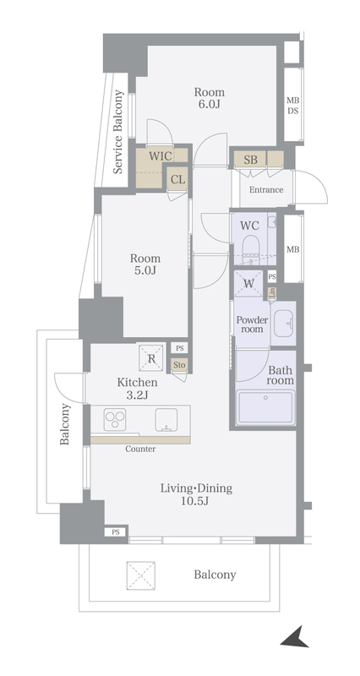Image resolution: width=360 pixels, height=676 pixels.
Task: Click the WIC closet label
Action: click(x=161, y=156)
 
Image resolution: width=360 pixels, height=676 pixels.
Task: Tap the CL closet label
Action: click(x=177, y=179)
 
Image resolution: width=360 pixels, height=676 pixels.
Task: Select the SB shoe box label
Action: click(x=250, y=160)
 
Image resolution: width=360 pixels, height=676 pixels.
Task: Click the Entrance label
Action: click(x=266, y=189)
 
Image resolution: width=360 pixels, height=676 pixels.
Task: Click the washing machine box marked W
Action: click(x=248, y=283)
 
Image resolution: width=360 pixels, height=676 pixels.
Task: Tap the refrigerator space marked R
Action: click(x=151, y=357)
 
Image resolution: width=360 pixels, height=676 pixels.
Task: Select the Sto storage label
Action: click(x=179, y=365)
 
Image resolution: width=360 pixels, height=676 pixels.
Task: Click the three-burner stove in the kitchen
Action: click(x=115, y=419)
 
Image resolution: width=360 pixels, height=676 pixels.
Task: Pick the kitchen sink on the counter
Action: click(x=166, y=419)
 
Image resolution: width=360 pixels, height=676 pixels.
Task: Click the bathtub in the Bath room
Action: click(x=265, y=407)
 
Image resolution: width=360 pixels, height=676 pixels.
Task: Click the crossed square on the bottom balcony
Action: click(x=140, y=575)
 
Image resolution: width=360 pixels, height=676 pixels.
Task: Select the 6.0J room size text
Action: click(x=209, y=104)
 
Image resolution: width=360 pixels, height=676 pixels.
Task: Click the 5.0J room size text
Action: click(x=145, y=270)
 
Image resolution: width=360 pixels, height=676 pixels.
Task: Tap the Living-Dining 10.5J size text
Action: click(x=197, y=501)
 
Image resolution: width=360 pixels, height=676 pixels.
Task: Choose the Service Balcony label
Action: click(x=118, y=132)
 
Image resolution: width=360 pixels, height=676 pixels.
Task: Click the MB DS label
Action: click(x=293, y=105)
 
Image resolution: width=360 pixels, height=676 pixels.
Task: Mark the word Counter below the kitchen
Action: click(x=140, y=450)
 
